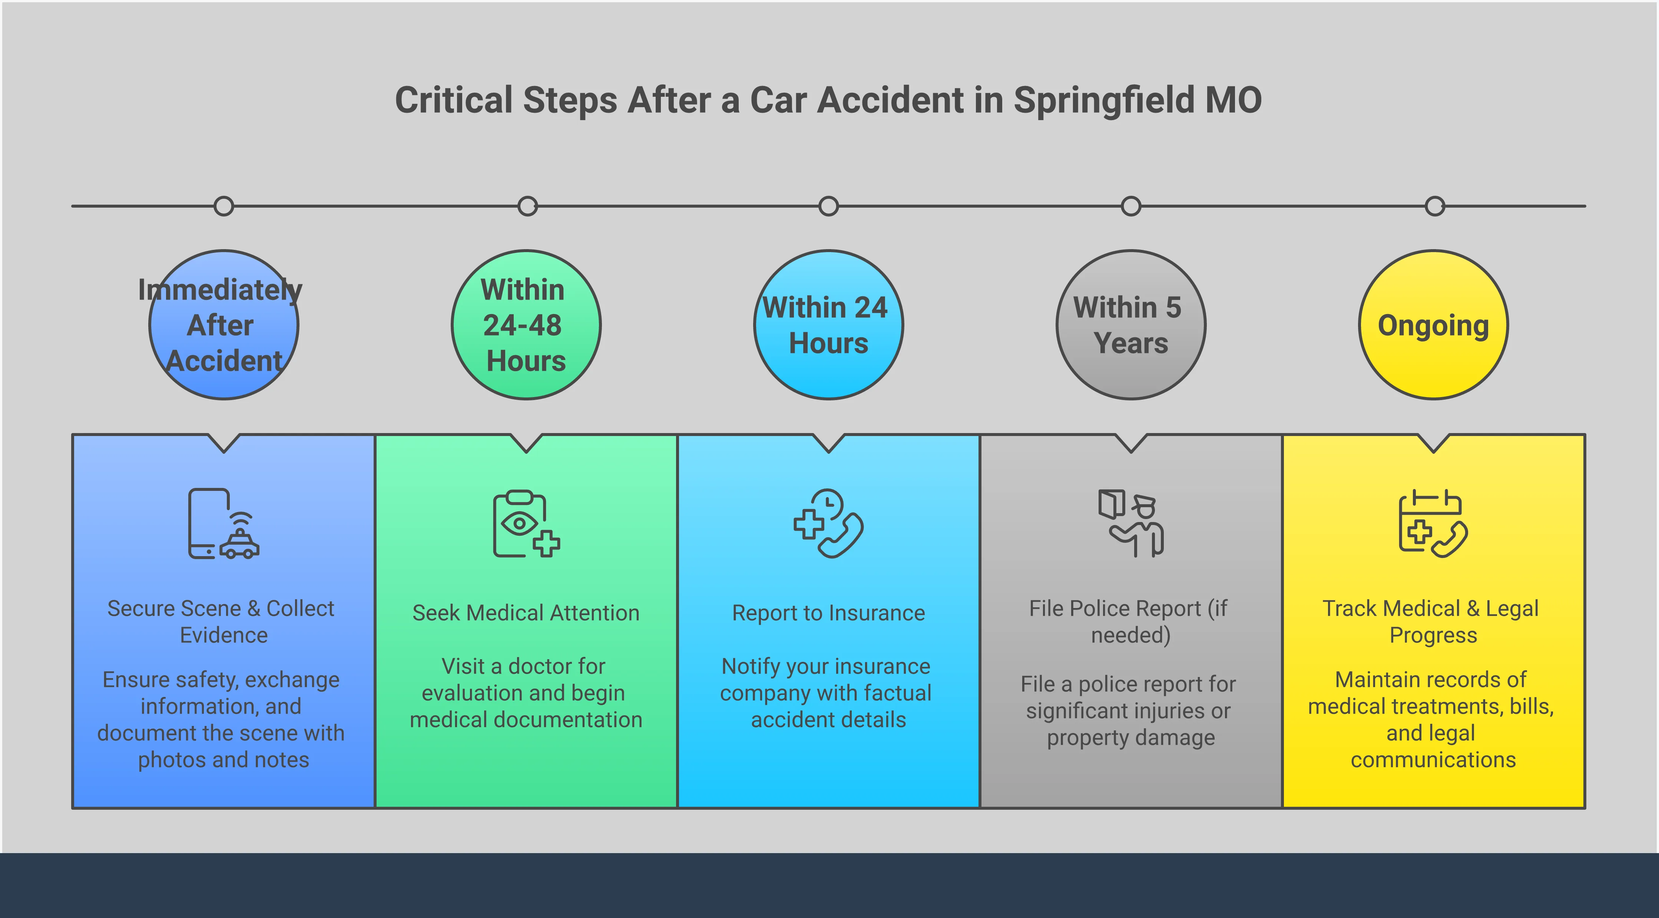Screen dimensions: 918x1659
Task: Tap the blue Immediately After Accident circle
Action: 223,325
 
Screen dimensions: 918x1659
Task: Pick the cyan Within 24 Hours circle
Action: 828,325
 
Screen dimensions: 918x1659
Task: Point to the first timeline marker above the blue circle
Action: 223,206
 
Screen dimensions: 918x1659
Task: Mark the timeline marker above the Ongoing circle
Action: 1434,206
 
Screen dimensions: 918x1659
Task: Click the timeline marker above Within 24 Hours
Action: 828,206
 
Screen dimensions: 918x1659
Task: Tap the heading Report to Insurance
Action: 828,612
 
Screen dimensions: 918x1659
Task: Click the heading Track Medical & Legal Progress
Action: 1431,622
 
